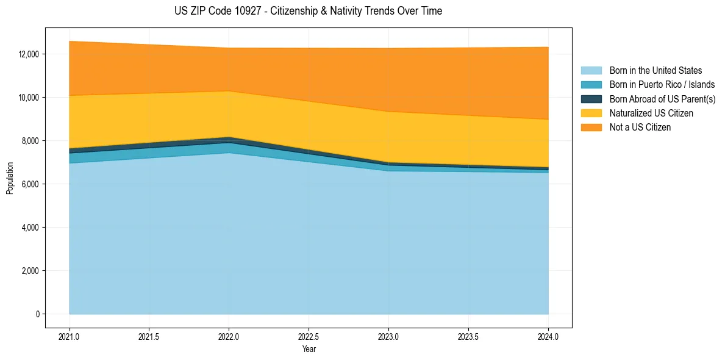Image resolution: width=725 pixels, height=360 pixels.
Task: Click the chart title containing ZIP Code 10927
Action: click(308, 11)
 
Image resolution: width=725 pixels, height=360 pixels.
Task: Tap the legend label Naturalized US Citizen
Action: click(651, 113)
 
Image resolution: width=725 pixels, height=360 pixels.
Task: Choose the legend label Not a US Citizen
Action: click(640, 127)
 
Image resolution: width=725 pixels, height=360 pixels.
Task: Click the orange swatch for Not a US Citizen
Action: click(591, 127)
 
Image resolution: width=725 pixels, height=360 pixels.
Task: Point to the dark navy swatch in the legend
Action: click(591, 99)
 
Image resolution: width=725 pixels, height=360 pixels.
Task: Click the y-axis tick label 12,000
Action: click(29, 54)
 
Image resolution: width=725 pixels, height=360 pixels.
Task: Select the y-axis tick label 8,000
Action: click(30, 141)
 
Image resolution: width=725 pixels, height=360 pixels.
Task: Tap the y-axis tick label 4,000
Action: click(30, 228)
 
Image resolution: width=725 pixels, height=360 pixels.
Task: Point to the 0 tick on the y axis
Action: click(38, 314)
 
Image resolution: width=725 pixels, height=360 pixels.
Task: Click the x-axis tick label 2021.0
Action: click(70, 336)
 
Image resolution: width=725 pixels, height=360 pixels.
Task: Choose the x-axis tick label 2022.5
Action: click(309, 336)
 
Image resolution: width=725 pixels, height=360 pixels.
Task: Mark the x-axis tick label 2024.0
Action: click(548, 336)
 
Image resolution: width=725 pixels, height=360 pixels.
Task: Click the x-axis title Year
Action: click(309, 349)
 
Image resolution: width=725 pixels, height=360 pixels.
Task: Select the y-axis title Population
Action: click(10, 178)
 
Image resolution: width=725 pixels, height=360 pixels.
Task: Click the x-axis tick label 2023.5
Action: click(468, 336)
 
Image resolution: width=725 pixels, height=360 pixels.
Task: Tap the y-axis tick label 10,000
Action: click(29, 98)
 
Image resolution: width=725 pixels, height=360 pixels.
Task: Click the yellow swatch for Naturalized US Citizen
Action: click(591, 113)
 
